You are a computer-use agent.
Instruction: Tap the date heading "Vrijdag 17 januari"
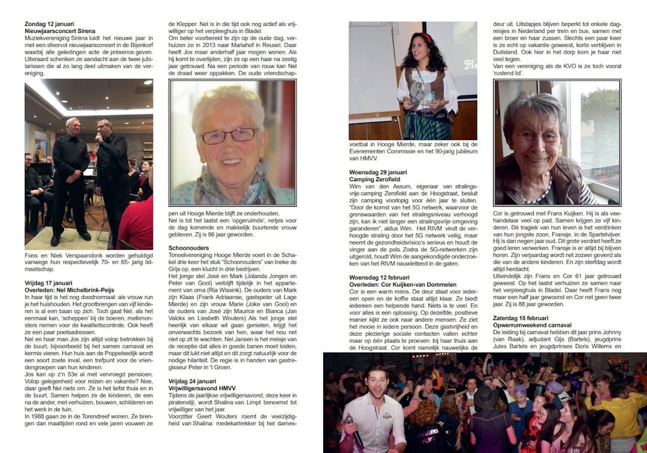pyautogui.click(x=49, y=283)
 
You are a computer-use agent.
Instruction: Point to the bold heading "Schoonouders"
pyautogui.click(x=188, y=248)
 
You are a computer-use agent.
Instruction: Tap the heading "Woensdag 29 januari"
pyautogui.click(x=378, y=172)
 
